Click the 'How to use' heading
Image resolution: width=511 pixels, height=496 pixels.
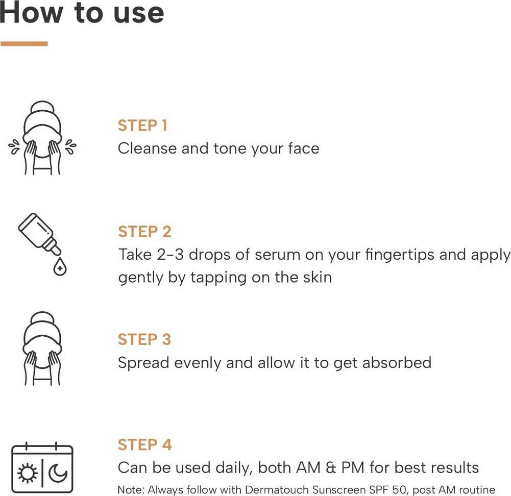tap(82, 13)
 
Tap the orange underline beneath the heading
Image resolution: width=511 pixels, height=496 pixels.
tap(24, 44)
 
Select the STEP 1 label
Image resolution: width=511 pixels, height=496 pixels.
tap(142, 126)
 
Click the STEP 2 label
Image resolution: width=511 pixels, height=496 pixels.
tap(144, 232)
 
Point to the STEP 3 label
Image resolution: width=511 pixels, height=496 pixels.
tap(144, 339)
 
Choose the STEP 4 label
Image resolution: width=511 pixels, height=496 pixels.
tap(144, 444)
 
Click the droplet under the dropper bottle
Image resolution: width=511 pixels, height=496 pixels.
tap(60, 267)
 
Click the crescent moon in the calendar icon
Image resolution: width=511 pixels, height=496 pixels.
tap(58, 474)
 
